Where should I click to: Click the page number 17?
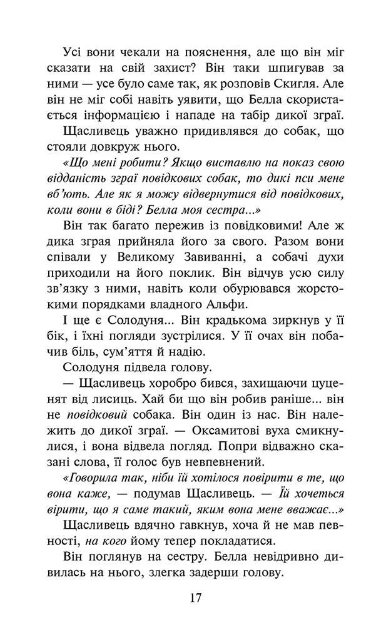195,597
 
